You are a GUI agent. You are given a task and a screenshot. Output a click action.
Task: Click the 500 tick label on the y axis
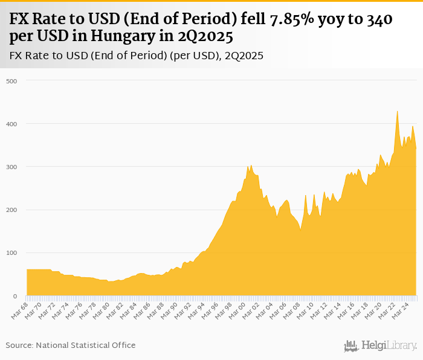(x=12, y=81)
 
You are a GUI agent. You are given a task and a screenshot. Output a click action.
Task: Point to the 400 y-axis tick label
(x=12, y=124)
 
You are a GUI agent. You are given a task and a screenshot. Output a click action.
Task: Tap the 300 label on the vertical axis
(x=12, y=167)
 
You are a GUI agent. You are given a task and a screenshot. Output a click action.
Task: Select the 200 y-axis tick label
(x=12, y=210)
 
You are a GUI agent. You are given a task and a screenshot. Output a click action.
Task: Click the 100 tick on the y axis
(x=12, y=253)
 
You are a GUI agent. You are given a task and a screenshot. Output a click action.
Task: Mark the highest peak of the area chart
(x=397, y=111)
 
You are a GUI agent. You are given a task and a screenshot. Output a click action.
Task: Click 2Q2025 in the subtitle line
(x=244, y=56)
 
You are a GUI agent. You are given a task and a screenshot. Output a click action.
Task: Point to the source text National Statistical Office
(x=86, y=345)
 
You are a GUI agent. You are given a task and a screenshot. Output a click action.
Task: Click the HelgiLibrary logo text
(x=389, y=346)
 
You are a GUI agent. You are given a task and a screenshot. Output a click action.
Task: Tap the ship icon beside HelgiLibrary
(x=351, y=346)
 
